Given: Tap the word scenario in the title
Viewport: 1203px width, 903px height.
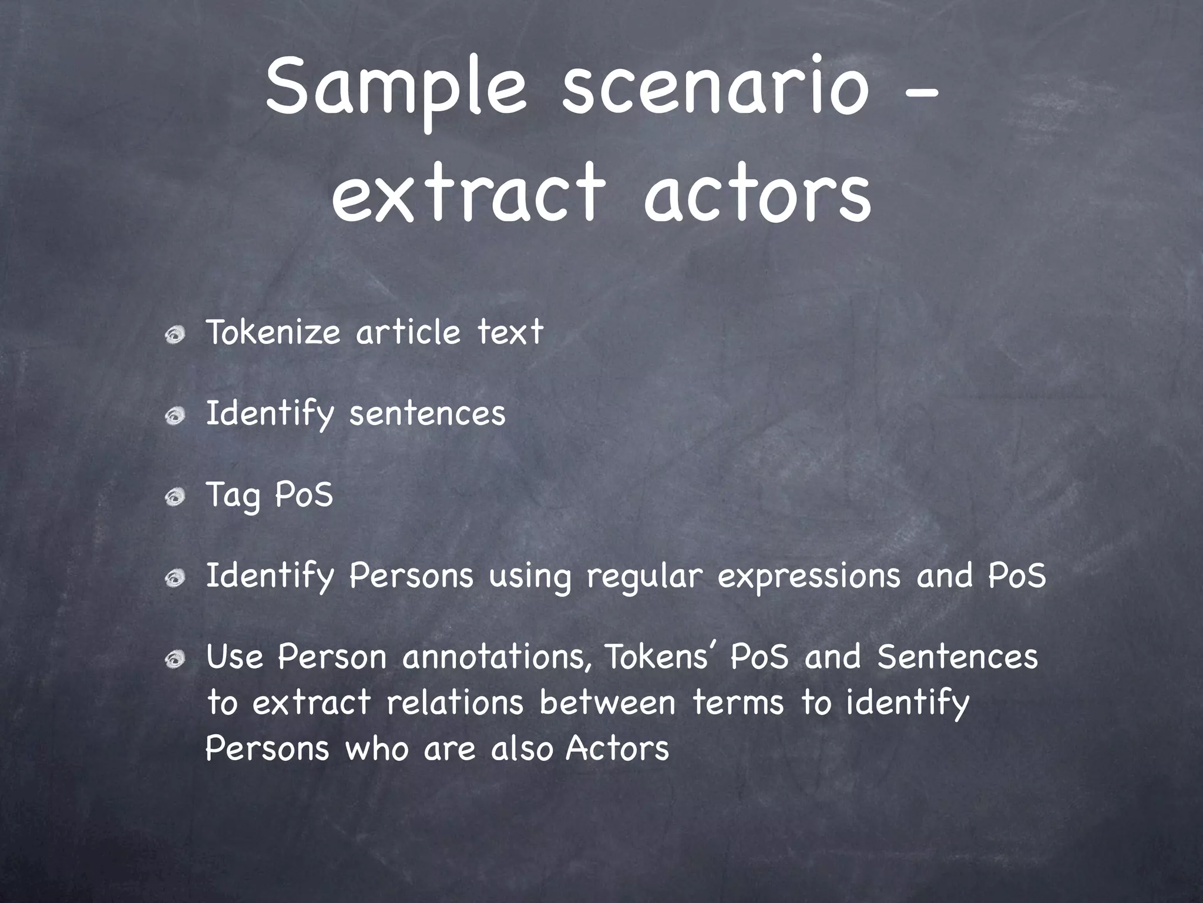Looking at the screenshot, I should (714, 88).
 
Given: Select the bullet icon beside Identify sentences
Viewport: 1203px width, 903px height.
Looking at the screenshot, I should (174, 417).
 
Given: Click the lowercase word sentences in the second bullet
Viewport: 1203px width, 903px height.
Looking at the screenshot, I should (427, 413).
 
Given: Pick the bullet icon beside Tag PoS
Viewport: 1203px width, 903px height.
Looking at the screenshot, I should (174, 499).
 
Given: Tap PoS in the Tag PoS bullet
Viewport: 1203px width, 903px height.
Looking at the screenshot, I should (304, 494).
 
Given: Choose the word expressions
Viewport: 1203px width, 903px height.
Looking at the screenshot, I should (809, 577).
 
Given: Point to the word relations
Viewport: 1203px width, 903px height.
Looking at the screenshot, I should (455, 703).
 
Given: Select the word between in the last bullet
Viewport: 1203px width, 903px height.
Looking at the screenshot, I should (607, 703).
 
